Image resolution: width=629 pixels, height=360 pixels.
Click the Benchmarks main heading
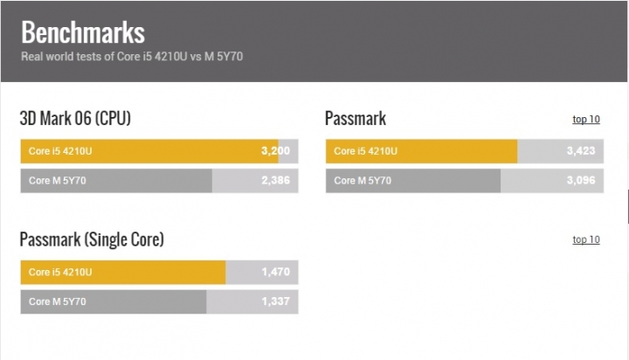click(x=82, y=32)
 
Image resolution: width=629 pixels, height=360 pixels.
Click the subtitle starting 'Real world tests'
click(x=138, y=58)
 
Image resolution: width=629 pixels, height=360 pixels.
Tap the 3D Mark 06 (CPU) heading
click(x=75, y=119)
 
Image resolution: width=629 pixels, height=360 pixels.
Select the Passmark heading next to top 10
click(x=355, y=119)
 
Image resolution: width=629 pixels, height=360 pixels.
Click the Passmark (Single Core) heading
click(x=92, y=239)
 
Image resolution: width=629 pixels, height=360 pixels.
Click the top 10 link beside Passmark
click(x=586, y=120)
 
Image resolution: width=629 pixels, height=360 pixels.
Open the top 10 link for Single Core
click(x=586, y=239)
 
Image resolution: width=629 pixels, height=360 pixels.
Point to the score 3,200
click(x=275, y=150)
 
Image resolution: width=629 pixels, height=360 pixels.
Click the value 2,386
click(x=275, y=181)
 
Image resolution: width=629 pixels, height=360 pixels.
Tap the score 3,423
click(x=580, y=150)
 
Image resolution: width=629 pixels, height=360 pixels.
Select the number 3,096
click(x=580, y=181)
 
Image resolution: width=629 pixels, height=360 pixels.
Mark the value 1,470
click(x=275, y=272)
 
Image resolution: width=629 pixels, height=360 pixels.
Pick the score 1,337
click(x=275, y=301)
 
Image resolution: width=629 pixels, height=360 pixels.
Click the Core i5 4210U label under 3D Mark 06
click(x=60, y=150)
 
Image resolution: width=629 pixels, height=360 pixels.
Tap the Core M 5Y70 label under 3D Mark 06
click(x=58, y=181)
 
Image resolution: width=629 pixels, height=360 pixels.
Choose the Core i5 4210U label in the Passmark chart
click(x=365, y=150)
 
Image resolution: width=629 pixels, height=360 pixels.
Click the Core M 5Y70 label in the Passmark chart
click(x=363, y=181)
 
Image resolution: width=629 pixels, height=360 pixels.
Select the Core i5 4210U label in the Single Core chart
click(x=60, y=272)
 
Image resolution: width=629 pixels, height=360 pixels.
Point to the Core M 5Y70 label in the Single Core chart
click(x=58, y=301)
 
